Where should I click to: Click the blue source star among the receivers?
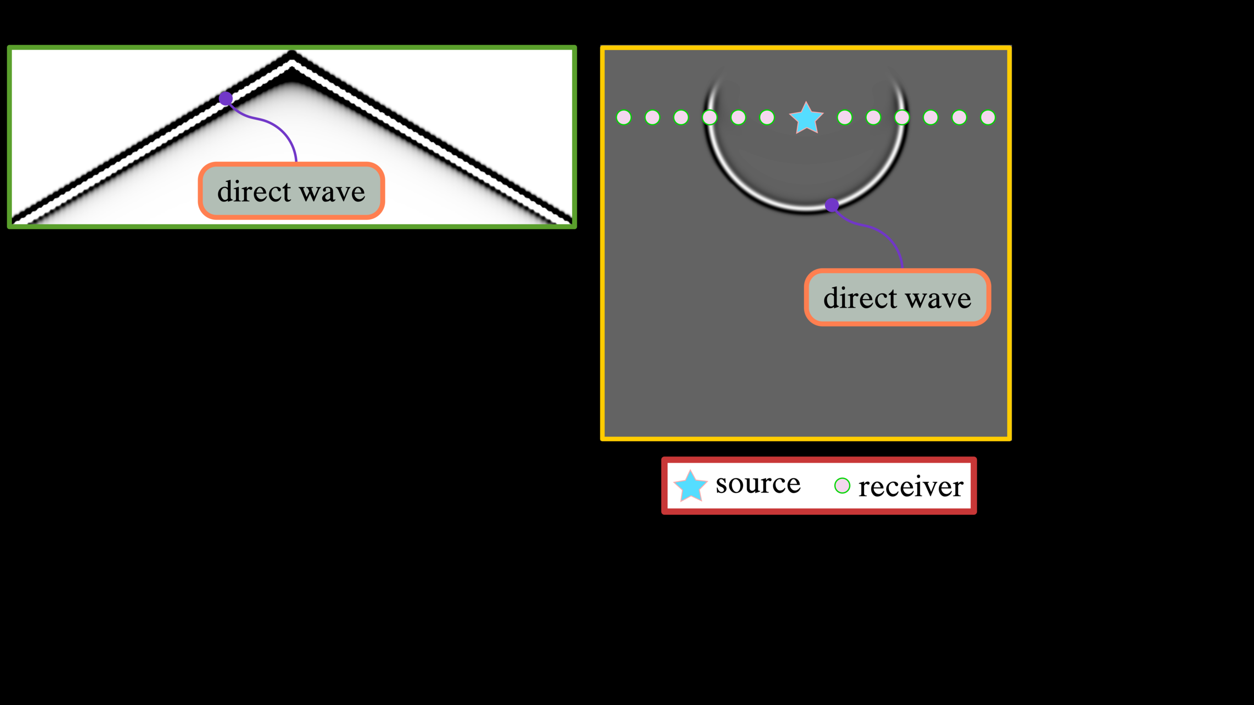(806, 118)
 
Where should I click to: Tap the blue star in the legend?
(690, 486)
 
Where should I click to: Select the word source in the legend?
(758, 484)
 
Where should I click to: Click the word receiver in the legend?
(911, 487)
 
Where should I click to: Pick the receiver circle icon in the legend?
(842, 486)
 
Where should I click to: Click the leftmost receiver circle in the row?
(624, 118)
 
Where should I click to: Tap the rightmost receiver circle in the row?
(988, 118)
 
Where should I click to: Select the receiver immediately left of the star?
(767, 118)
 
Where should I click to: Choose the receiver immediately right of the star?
(845, 118)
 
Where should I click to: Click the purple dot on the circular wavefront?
(832, 205)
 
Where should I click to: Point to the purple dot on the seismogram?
(226, 98)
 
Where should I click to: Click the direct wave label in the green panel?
(291, 191)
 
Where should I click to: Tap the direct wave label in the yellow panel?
(897, 298)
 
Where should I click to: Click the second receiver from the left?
(653, 118)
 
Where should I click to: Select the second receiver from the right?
(959, 118)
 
